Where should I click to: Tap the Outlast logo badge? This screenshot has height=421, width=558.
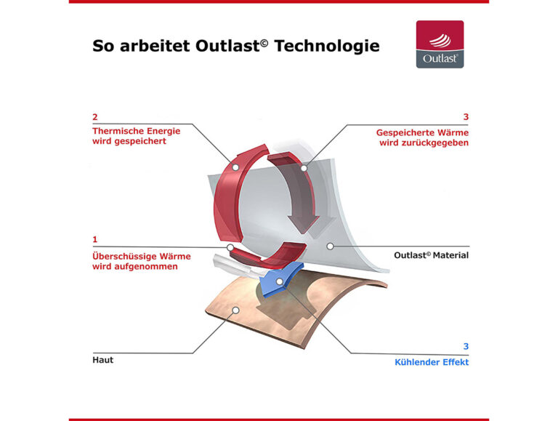click(x=440, y=44)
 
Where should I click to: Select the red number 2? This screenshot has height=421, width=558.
click(x=95, y=116)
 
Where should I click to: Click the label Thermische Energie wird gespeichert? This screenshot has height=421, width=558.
click(x=136, y=136)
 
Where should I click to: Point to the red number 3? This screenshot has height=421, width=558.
click(x=465, y=116)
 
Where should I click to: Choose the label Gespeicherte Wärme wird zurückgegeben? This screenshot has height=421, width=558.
click(x=422, y=138)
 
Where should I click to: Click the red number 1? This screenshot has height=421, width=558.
click(x=95, y=239)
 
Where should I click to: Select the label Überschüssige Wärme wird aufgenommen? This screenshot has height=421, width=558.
click(x=141, y=261)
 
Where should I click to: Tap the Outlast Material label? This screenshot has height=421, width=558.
click(x=431, y=255)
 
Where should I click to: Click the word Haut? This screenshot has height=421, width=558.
click(x=103, y=360)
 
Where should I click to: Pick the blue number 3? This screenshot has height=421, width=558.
click(x=465, y=346)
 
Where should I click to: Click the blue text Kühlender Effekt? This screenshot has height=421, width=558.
click(x=432, y=362)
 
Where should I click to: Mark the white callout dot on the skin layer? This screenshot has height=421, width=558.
click(x=235, y=310)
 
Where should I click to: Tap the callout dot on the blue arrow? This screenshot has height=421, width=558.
click(x=280, y=281)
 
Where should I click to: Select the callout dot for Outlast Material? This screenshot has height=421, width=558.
click(x=330, y=246)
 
